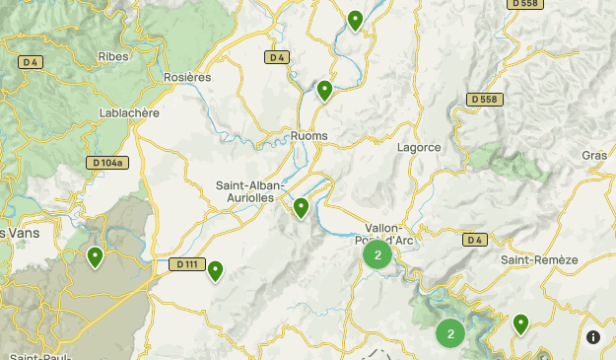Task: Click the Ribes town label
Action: [x=113, y=56]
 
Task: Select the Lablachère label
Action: [x=129, y=113]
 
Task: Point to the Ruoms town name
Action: [x=309, y=136]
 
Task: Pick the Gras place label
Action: [x=594, y=156]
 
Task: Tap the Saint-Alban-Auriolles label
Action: [x=250, y=191]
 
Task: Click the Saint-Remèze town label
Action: [x=538, y=259]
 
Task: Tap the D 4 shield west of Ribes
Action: [x=30, y=62]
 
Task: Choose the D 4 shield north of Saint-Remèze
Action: [x=475, y=240]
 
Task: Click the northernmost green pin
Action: [x=356, y=19]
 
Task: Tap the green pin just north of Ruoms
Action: [x=324, y=90]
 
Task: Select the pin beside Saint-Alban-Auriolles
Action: [x=301, y=206]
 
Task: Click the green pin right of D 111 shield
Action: [x=215, y=269]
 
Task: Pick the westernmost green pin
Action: [x=95, y=256]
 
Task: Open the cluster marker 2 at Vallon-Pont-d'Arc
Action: [x=377, y=254]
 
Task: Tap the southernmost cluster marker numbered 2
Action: [x=450, y=333]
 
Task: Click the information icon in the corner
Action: [x=593, y=337]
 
